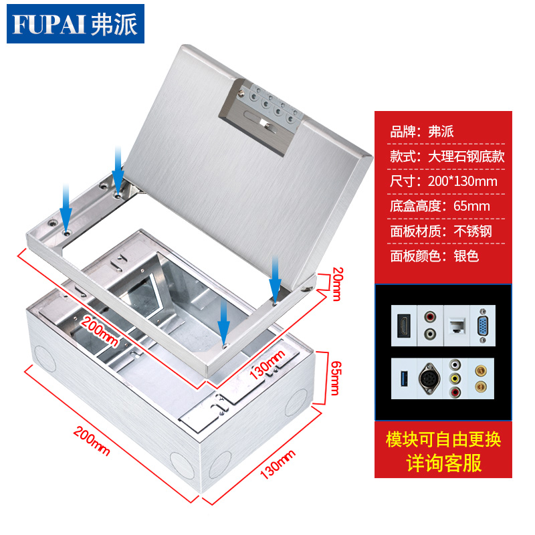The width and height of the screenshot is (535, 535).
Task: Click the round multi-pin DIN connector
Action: [x=430, y=379]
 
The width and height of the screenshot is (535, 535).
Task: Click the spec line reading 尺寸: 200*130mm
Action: [x=443, y=181]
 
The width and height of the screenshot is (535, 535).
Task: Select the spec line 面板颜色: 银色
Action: [x=435, y=255]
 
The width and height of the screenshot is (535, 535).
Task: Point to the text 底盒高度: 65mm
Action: [x=440, y=205]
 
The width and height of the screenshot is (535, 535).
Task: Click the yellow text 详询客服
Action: [x=443, y=463]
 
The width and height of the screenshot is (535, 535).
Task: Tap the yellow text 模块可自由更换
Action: [x=443, y=439]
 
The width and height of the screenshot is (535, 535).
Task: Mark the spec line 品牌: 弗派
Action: [x=422, y=131]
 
